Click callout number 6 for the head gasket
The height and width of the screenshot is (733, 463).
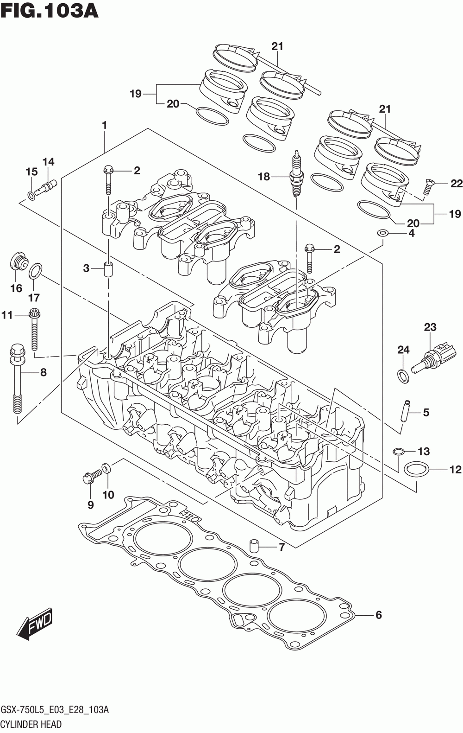click(378, 615)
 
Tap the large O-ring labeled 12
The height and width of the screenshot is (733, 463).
click(416, 470)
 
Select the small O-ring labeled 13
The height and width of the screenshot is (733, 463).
click(398, 452)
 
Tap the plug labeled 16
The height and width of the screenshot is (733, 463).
click(19, 261)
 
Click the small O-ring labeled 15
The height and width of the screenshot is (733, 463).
click(31, 196)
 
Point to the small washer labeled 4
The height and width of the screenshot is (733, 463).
click(382, 233)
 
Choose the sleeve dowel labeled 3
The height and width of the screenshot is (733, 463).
click(108, 269)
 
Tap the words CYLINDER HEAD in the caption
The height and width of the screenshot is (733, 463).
click(31, 724)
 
